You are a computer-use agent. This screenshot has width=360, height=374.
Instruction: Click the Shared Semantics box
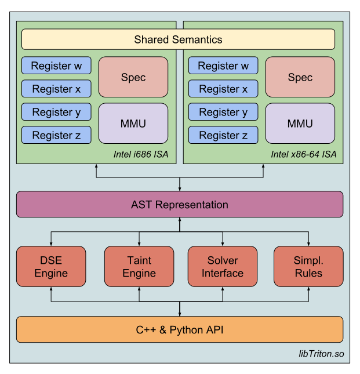pyautogui.click(x=178, y=39)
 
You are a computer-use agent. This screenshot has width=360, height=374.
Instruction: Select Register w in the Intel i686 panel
pyautogui.click(x=56, y=66)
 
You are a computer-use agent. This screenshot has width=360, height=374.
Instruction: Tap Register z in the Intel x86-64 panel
pyautogui.click(x=223, y=135)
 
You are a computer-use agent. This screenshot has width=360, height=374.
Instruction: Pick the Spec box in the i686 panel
pyautogui.click(x=133, y=77)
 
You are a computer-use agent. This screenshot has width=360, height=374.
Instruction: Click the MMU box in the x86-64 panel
pyautogui.click(x=300, y=124)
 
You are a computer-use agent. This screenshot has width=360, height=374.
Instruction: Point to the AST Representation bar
pyautogui.click(x=179, y=204)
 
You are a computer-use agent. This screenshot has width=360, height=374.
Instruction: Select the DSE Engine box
pyautogui.click(x=51, y=266)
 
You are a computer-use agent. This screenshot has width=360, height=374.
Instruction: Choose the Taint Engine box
pyautogui.click(x=139, y=266)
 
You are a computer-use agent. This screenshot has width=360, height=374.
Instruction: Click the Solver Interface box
pyautogui.click(x=223, y=266)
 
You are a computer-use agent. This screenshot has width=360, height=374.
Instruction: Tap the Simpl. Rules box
pyautogui.click(x=308, y=266)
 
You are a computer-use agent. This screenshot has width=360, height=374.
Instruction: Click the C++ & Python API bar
pyautogui.click(x=179, y=330)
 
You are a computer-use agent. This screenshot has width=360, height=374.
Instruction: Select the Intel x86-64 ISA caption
pyautogui.click(x=303, y=154)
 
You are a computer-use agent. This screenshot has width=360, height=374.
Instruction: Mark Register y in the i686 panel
pyautogui.click(x=56, y=112)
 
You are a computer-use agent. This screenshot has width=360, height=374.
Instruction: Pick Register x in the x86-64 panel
pyautogui.click(x=223, y=89)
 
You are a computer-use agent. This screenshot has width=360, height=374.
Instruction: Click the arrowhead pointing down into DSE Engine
pyautogui.click(x=51, y=244)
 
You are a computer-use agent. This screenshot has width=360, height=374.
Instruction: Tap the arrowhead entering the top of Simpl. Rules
pyautogui.click(x=308, y=244)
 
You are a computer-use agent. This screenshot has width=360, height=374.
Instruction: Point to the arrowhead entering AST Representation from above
pyautogui.click(x=180, y=188)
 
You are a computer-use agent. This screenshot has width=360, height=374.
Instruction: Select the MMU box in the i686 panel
pyautogui.click(x=133, y=124)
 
